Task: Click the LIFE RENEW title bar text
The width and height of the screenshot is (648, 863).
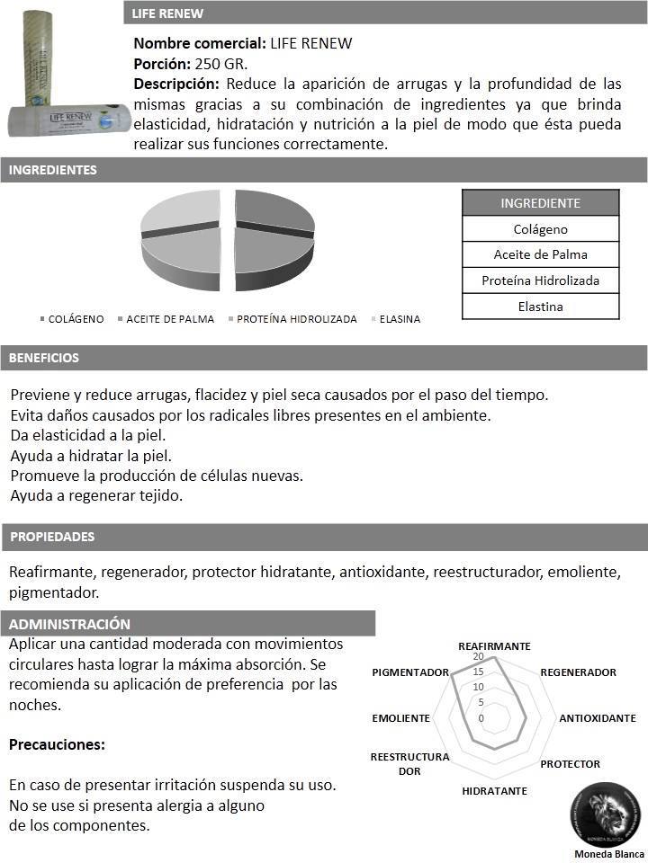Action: pyautogui.click(x=167, y=13)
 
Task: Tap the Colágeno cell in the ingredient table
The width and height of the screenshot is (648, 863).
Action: pyautogui.click(x=541, y=229)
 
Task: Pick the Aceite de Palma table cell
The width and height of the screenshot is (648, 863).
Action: pyautogui.click(x=541, y=254)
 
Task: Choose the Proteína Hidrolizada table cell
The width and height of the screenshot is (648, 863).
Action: pyautogui.click(x=541, y=280)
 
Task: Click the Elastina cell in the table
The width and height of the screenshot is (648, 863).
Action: pyautogui.click(x=541, y=307)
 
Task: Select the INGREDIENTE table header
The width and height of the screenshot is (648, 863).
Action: pyautogui.click(x=541, y=203)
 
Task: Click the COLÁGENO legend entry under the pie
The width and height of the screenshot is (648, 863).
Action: pyautogui.click(x=76, y=319)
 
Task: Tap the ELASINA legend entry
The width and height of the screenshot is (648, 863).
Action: pyautogui.click(x=400, y=319)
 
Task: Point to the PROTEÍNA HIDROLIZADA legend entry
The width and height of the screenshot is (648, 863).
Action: pyautogui.click(x=296, y=319)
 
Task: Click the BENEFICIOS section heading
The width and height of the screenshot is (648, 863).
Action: pyautogui.click(x=44, y=358)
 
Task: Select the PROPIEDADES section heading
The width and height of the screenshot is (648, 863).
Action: pyautogui.click(x=52, y=537)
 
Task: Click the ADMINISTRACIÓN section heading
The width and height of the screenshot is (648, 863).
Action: pyautogui.click(x=70, y=624)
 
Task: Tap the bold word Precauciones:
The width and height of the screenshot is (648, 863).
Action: pyautogui.click(x=58, y=744)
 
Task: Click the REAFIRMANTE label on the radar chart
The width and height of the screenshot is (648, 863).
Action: pyautogui.click(x=494, y=646)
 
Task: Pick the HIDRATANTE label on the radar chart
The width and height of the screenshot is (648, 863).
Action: pyautogui.click(x=494, y=791)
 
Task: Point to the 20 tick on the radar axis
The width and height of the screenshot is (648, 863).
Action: pyautogui.click(x=478, y=658)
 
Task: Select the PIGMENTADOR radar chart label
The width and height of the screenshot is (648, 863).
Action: pyautogui.click(x=410, y=672)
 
